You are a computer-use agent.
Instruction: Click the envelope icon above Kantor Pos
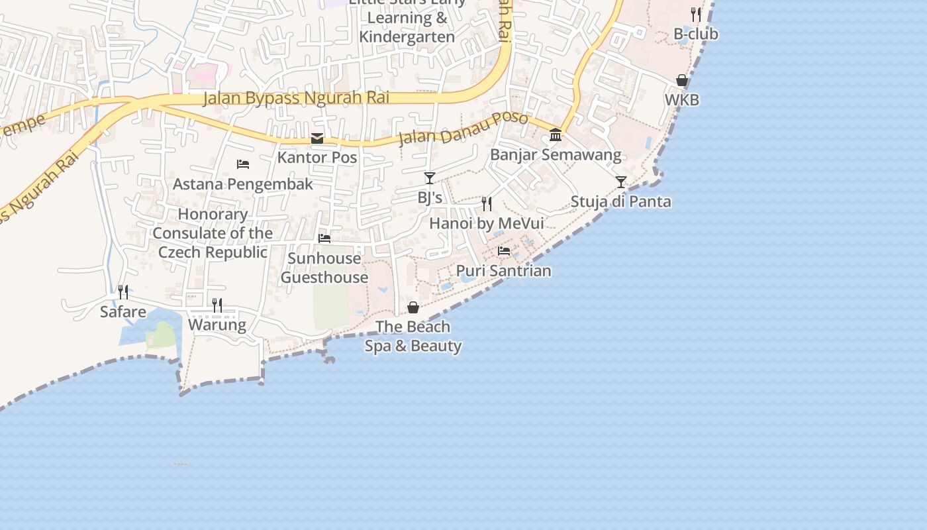pos(317,138)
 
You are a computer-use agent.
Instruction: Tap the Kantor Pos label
pos(317,158)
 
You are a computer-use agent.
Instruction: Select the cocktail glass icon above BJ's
pos(430,178)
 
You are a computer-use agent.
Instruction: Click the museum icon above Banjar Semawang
pos(556,135)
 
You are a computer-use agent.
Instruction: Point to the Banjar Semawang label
pos(556,155)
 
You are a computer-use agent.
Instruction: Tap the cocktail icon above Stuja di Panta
pos(620,182)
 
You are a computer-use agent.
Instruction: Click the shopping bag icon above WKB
pos(682,80)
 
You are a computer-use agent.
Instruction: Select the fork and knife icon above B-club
pos(695,14)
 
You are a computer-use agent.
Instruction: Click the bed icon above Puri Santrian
pos(504,251)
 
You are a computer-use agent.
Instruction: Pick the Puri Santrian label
pos(504,271)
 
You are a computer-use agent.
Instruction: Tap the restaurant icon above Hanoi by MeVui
pos(487,203)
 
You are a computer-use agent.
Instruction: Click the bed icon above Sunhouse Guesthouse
pos(324,238)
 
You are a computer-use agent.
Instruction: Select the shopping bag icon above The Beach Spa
pos(413,307)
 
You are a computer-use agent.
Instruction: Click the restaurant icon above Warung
pos(217,305)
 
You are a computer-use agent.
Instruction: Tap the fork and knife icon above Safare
pos(122,291)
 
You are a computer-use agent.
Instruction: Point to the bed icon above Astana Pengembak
pos(243,164)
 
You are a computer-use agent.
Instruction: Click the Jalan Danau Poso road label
pos(463,129)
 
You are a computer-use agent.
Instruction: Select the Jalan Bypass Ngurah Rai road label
pos(296,98)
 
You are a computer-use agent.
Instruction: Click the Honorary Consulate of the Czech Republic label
pos(213,233)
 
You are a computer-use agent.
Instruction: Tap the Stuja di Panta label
pos(620,202)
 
